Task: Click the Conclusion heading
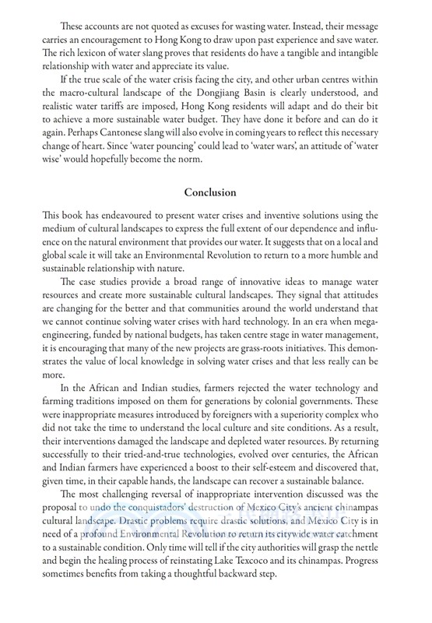coord(216,213)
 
